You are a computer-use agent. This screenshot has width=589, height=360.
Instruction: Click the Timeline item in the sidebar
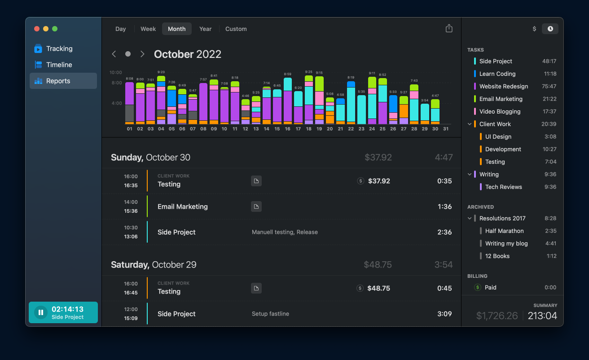click(x=59, y=65)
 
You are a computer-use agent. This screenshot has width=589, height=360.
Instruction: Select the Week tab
click(x=148, y=29)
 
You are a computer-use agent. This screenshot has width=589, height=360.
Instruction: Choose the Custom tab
click(x=236, y=29)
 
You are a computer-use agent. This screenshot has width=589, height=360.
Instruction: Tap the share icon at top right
click(x=449, y=28)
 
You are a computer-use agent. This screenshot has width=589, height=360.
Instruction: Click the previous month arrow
click(x=114, y=54)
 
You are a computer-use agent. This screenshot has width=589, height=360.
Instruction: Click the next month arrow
click(x=142, y=54)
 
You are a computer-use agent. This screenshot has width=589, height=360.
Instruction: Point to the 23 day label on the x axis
click(x=361, y=129)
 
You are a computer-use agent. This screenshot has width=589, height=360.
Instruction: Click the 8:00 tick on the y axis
click(x=116, y=83)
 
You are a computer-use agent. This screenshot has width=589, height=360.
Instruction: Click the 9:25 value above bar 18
click(x=308, y=72)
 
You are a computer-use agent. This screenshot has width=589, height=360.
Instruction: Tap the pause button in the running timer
click(x=41, y=312)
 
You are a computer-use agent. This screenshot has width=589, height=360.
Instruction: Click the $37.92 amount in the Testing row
click(x=379, y=181)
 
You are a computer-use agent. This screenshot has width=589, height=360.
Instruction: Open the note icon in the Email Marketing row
click(x=256, y=206)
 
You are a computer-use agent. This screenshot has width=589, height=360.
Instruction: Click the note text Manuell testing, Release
click(x=285, y=232)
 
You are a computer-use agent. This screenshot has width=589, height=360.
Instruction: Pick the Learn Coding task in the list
click(x=497, y=74)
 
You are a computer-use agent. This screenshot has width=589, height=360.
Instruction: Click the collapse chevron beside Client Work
click(x=470, y=124)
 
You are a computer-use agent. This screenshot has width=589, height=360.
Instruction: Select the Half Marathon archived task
click(x=504, y=231)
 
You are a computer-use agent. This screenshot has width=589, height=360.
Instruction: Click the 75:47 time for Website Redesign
click(x=549, y=86)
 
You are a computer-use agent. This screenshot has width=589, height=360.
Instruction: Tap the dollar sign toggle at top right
click(x=534, y=29)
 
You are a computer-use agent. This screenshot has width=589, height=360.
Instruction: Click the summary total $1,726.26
click(x=497, y=316)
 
